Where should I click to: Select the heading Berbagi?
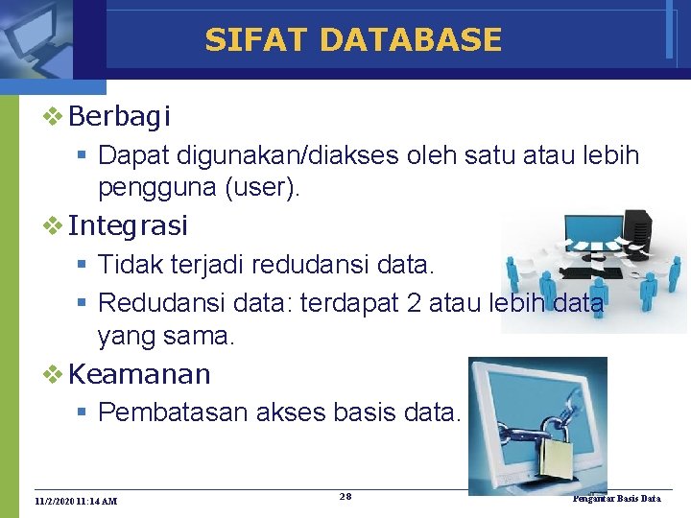pos(120,117)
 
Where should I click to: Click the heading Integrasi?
pos(129,226)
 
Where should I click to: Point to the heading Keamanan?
pos(140,373)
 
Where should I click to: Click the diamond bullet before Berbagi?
pos(54,117)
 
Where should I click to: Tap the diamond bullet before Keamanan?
pos(54,373)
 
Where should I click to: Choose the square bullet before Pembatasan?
pos(83,413)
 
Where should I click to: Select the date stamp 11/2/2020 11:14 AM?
pos(76,501)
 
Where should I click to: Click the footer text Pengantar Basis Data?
pos(616,499)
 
